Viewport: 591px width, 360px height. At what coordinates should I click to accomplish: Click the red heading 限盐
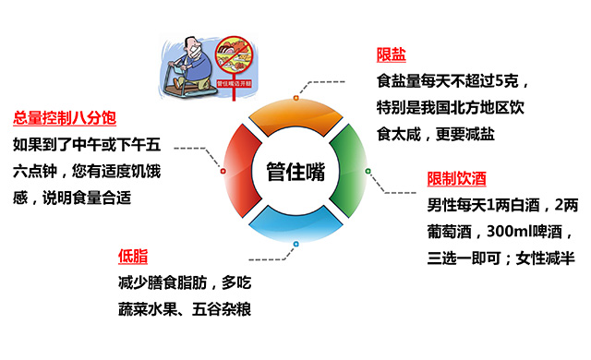coord(392,54)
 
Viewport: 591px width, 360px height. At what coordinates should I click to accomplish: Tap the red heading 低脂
coord(131,256)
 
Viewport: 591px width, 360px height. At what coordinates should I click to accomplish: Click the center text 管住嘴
coord(295,173)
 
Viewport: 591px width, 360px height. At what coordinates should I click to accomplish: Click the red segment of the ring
coord(238,171)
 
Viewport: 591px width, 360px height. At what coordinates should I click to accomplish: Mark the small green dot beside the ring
coord(368,172)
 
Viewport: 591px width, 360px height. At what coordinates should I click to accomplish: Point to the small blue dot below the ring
coord(295,244)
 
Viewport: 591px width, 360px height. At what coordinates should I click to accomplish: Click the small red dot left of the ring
coord(222,172)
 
